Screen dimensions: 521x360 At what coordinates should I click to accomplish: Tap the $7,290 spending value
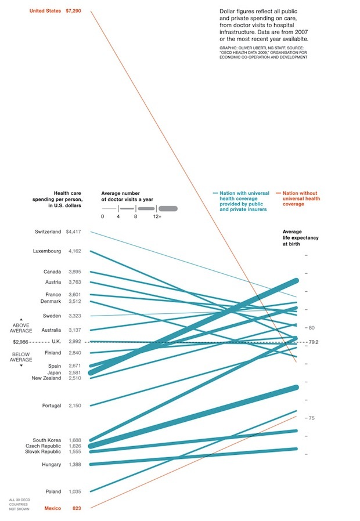(x=74, y=10)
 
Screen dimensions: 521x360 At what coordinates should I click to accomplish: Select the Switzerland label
(x=48, y=231)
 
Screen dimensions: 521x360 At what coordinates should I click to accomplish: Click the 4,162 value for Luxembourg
(x=74, y=251)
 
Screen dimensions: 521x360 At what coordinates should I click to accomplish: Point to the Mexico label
(x=52, y=508)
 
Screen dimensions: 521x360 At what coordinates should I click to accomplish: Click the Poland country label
(x=53, y=491)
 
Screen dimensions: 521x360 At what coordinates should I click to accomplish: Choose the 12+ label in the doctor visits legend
(x=157, y=216)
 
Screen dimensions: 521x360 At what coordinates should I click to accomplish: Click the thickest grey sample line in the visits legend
(x=168, y=208)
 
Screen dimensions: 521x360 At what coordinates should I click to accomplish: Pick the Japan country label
(x=54, y=372)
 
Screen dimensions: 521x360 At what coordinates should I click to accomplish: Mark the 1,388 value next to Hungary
(x=74, y=465)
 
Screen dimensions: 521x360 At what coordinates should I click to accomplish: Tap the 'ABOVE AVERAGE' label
(x=21, y=328)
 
